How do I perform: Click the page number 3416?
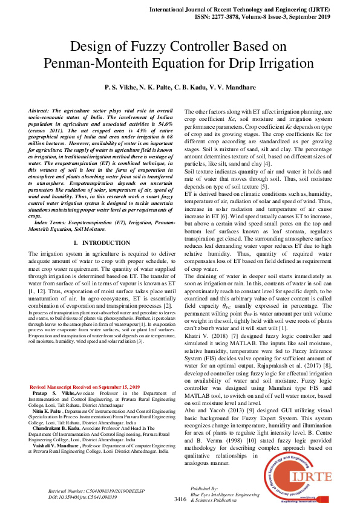(x=180, y=499)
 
